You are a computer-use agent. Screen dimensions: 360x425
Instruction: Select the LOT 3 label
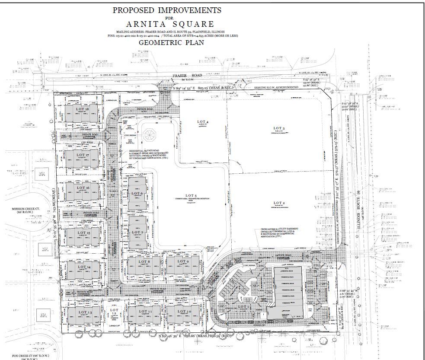[279, 128]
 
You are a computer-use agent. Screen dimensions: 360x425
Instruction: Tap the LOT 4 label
[201, 122]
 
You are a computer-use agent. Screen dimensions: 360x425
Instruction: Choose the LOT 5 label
[189, 196]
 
